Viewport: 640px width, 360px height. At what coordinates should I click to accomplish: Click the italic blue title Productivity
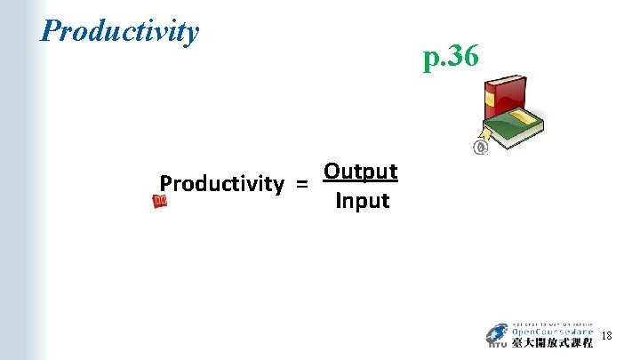120,31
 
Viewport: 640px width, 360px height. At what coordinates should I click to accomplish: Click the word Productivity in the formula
221,184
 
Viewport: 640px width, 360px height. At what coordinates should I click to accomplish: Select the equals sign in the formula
302,184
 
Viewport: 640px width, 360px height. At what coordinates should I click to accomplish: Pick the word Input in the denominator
362,201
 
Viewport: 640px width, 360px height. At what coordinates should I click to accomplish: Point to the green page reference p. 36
452,58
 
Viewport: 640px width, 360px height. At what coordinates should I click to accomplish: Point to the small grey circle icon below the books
481,148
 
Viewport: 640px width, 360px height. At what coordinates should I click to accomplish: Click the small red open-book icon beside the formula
160,202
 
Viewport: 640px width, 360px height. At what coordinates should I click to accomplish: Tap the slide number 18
606,336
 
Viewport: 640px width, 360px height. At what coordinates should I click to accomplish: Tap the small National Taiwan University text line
552,324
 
